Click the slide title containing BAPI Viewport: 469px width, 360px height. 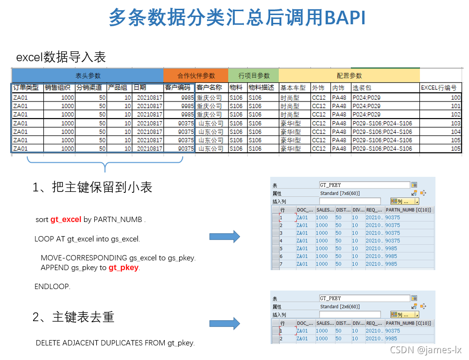tap(237, 18)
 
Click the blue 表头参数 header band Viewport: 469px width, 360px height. tap(87, 76)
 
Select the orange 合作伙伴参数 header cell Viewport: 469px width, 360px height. tap(196, 76)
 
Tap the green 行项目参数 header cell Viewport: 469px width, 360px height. tap(254, 76)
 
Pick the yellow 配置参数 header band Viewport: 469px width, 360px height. tap(349, 76)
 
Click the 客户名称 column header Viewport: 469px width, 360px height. tap(209, 88)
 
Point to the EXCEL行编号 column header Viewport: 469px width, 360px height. tap(438, 88)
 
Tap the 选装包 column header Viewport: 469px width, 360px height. tap(362, 88)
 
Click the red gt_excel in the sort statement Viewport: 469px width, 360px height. tap(66, 220)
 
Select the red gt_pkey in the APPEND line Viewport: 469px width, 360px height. tap(123, 268)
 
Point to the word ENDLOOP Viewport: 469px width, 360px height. tap(52, 287)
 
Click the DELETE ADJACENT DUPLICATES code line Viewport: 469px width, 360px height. tap(115, 343)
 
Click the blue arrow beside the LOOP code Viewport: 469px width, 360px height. tap(225, 237)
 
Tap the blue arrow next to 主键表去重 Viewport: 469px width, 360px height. tap(225, 324)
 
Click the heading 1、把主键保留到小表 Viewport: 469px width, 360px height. tap(92, 188)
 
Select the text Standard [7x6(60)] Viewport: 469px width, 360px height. tap(340, 193)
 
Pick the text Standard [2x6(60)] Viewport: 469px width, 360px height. tap(340, 307)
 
